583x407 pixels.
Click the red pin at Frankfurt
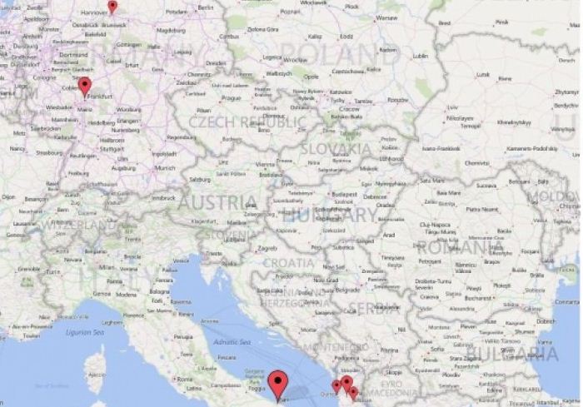coord(84,86)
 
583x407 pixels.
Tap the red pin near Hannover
coord(112,7)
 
